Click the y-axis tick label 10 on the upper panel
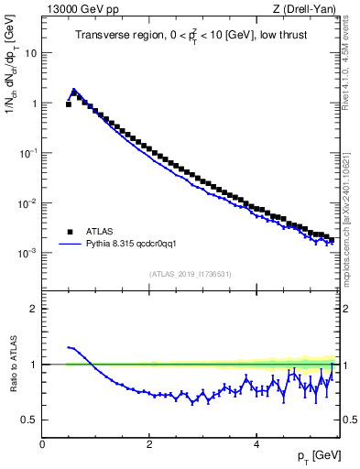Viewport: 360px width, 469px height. [x=32, y=53]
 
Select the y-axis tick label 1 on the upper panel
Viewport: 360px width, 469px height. [x=35, y=104]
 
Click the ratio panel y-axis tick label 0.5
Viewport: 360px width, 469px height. [x=31, y=420]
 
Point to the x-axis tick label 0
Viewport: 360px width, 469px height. [x=42, y=443]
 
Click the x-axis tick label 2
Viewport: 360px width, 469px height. [x=149, y=443]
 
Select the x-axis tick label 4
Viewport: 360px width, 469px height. [x=256, y=443]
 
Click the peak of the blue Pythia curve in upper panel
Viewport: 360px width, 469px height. [x=73, y=90]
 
